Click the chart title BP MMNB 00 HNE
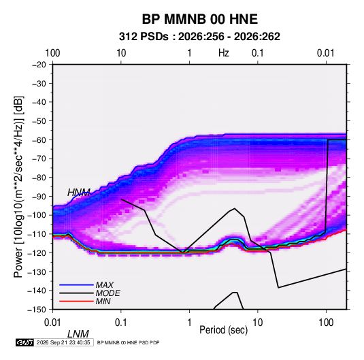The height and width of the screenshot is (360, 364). tap(199, 19)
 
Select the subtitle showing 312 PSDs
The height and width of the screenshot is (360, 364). tap(199, 37)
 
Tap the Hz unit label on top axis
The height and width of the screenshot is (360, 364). tap(224, 53)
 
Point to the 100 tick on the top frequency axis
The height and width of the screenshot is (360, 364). tap(52, 53)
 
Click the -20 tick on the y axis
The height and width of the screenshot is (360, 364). tap(39, 65)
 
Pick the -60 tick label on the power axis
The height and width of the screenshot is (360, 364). tap(39, 140)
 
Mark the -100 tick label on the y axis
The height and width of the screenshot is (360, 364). tap(37, 215)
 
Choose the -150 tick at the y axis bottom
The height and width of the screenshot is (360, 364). tap(37, 310)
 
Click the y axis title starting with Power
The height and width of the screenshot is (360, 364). tap(18, 186)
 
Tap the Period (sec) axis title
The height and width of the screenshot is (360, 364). tap(224, 330)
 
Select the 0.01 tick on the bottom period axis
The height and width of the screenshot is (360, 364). tap(52, 323)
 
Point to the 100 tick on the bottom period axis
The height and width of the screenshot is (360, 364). tap(326, 323)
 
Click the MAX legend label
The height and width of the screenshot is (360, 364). tap(105, 285)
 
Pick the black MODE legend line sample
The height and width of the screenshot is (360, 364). tap(76, 293)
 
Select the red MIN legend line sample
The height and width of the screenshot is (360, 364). tap(76, 301)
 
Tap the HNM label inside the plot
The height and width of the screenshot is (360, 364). tap(79, 193)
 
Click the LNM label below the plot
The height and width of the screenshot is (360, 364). tap(78, 334)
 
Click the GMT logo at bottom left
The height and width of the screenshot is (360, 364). tap(25, 342)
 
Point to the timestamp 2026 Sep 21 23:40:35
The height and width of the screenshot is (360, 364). tap(63, 342)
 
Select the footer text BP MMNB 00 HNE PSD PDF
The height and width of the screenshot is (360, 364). tap(128, 342)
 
